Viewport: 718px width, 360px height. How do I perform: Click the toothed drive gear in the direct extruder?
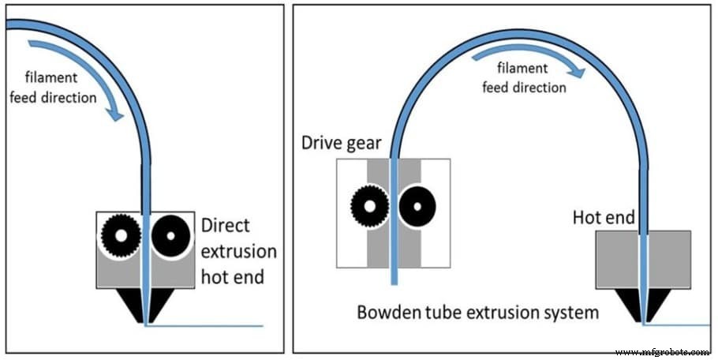pos(122,234)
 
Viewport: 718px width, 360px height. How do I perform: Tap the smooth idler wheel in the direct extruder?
pos(168,234)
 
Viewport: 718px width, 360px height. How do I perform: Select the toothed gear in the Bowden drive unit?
pos(368,207)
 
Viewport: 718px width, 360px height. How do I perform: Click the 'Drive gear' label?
pos(340,143)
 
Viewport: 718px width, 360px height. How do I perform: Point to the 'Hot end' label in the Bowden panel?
pos(604,216)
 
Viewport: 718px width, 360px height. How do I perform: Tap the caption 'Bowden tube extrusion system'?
pos(477,313)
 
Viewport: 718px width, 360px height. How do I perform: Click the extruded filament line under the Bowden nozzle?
pos(679,324)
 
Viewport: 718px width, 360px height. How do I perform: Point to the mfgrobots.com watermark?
pos(663,351)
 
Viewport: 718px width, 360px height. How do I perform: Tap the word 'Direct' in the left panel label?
pos(225,225)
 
